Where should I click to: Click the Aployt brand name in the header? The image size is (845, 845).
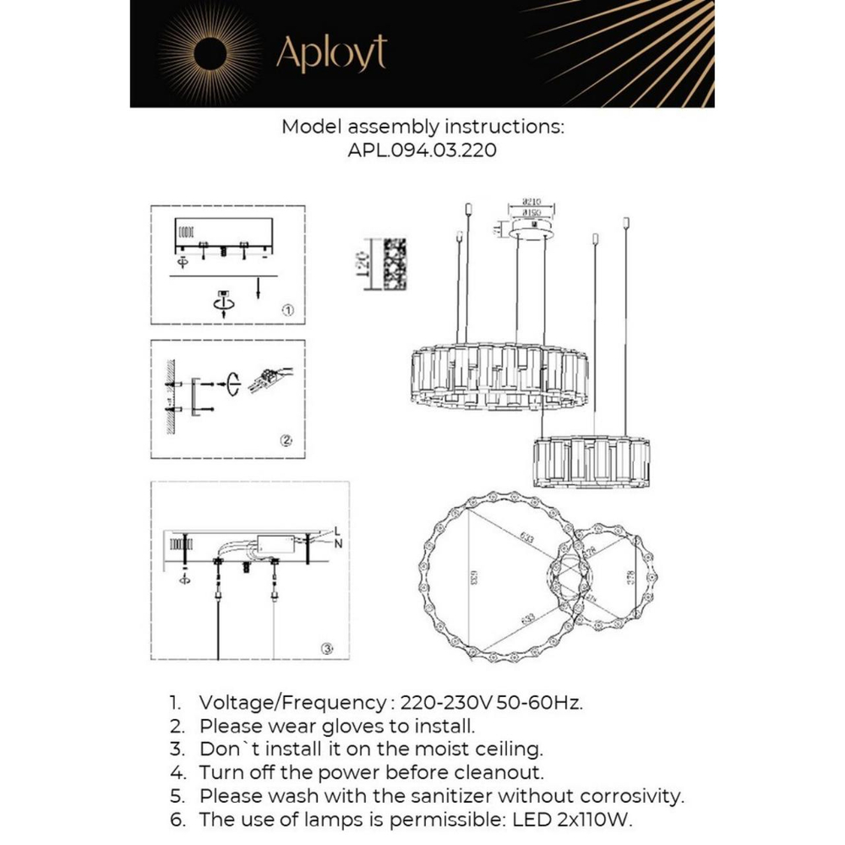click(x=331, y=53)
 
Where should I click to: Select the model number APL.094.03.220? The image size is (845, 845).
click(x=422, y=150)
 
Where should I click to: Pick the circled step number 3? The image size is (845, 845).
click(x=328, y=648)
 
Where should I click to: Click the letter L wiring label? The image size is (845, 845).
click(x=336, y=532)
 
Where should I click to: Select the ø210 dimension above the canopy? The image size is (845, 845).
click(x=532, y=203)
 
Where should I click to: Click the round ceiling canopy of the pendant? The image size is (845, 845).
click(x=532, y=230)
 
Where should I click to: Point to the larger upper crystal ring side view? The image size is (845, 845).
click(x=499, y=375)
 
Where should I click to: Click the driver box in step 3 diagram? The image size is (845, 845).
click(x=275, y=542)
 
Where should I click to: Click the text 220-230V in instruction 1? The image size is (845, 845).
click(x=444, y=702)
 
